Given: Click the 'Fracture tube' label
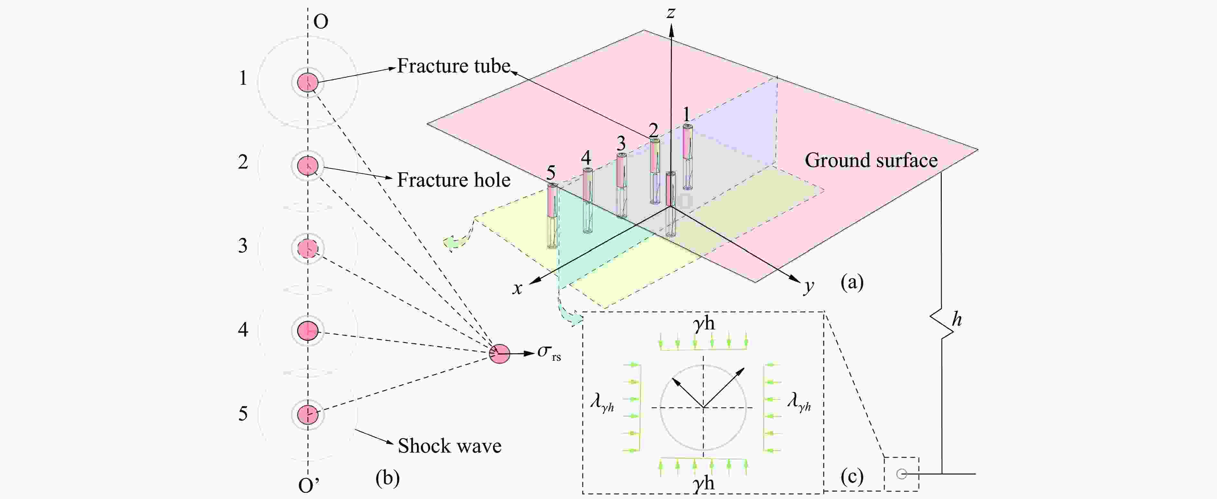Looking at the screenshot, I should click(454, 66).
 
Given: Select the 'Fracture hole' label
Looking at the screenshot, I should click(454, 180).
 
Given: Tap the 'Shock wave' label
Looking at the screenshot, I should click(449, 446).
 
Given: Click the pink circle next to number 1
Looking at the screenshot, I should click(307, 82).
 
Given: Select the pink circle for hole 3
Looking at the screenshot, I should click(307, 248).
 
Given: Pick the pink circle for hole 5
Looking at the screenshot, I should click(307, 414).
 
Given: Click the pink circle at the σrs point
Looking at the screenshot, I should click(499, 353).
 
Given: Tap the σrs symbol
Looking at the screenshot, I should click(548, 352).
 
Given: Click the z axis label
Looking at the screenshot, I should click(670, 12).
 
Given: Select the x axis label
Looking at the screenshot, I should click(517, 288).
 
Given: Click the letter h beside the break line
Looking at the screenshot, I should click(957, 320).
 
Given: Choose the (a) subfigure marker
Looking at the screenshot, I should click(852, 282).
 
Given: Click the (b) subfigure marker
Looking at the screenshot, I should click(387, 478).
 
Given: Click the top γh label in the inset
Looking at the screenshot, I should click(704, 324).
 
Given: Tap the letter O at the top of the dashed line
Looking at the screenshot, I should click(321, 22).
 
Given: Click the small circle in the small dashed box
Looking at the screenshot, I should click(901, 474).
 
